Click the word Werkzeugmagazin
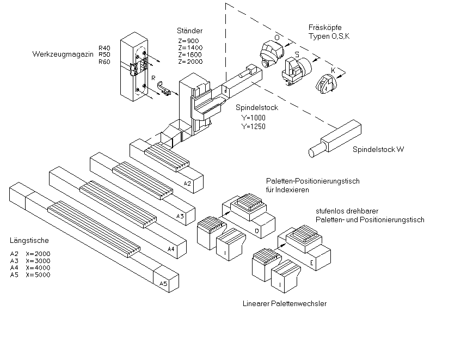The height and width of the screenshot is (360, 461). coord(63,54)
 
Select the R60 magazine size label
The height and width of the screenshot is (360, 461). coord(105,62)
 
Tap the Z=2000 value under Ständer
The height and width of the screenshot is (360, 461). coord(190,62)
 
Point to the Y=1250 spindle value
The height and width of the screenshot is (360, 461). coord(254,126)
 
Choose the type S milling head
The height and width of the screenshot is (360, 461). coord(296,71)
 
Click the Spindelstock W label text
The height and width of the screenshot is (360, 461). coord(378,149)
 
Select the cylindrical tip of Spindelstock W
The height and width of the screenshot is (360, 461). coord(316,150)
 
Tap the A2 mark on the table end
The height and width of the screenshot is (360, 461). coord(187,184)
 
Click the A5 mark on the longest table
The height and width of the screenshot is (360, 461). coord(163,284)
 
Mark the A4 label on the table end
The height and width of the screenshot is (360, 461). coord(171,249)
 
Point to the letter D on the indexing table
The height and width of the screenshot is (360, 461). coord(257,231)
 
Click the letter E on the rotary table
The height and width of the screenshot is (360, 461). coord(312,263)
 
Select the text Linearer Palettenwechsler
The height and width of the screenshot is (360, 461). coord(285,303)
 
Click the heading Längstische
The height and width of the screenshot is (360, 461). coord(29,241)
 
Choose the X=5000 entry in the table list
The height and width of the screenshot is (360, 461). coord(38,275)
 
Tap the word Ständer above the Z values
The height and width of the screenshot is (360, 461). coord(189,30)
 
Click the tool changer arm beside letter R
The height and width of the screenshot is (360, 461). coord(164,89)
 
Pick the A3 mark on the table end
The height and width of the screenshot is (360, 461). coord(180,216)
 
